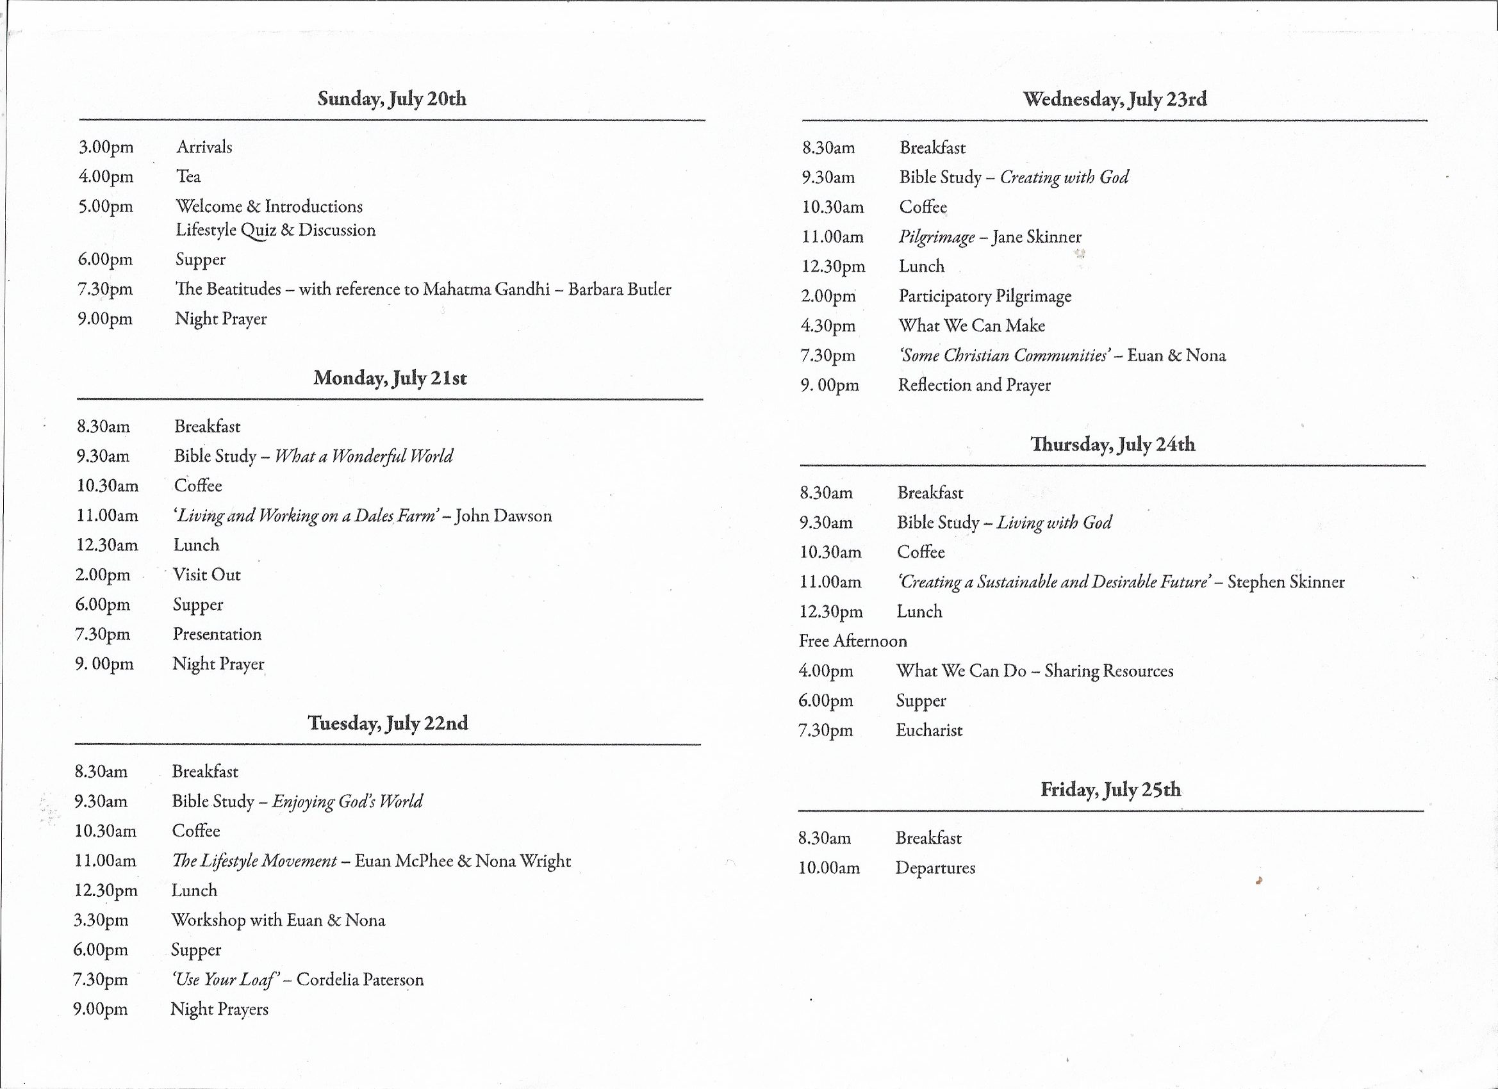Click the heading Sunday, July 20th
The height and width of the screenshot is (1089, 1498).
pos(391,99)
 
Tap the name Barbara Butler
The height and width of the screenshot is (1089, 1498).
pos(619,290)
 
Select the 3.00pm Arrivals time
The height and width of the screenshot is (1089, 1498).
pos(106,147)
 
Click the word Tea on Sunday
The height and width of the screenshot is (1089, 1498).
pos(188,176)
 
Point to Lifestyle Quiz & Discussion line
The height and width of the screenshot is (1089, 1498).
pos(276,231)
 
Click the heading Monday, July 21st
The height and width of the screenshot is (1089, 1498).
pos(390,378)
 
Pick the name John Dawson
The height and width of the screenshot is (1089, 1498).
pos(504,515)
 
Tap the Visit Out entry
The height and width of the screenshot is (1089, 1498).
pos(207,575)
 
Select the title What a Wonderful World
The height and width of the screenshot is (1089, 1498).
pos(364,455)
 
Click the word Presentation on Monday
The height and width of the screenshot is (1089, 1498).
pos(217,634)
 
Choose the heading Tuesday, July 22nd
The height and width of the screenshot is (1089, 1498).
pos(388,723)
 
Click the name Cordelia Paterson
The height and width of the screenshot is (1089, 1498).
pos(360,979)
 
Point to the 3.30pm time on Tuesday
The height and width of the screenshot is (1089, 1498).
pos(101,920)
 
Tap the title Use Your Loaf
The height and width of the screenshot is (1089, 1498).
pos(222,979)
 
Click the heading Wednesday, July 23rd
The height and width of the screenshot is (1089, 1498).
pos(1114,99)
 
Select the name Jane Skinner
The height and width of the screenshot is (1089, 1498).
pos(1036,236)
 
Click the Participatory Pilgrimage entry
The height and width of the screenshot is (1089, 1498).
pos(985,296)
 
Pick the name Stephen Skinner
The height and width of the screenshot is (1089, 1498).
pos(1285,582)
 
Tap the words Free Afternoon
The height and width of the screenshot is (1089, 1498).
pos(853,641)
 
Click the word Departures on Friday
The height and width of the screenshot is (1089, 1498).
pos(935,868)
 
